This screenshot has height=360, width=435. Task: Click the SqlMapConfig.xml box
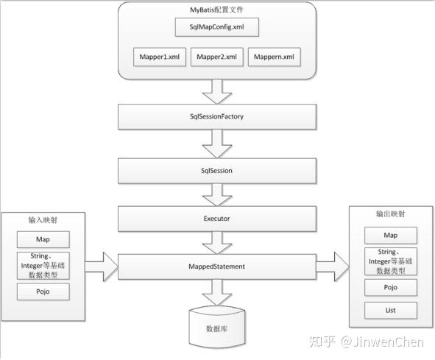click(x=217, y=27)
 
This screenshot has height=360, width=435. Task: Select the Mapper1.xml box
click(x=160, y=57)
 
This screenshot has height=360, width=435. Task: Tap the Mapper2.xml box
click(x=217, y=57)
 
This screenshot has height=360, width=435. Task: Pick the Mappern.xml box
click(x=274, y=57)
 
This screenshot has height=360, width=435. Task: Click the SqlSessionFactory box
click(x=217, y=116)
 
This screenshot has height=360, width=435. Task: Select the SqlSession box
click(x=217, y=171)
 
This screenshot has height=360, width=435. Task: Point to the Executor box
click(x=217, y=219)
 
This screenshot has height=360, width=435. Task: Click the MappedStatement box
click(x=217, y=267)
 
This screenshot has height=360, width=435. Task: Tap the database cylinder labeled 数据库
click(x=217, y=327)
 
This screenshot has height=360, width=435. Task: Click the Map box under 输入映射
click(x=43, y=239)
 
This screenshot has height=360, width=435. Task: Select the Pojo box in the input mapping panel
click(x=43, y=292)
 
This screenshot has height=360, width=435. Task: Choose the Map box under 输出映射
click(x=391, y=236)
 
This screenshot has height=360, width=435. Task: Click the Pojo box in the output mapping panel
click(x=391, y=287)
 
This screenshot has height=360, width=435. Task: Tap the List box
click(x=391, y=311)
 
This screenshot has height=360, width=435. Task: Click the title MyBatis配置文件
click(x=216, y=10)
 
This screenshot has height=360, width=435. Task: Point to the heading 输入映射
click(x=43, y=220)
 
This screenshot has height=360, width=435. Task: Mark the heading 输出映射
click(x=391, y=213)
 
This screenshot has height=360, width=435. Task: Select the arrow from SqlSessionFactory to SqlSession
click(x=217, y=144)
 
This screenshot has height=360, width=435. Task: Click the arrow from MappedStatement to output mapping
click(x=333, y=267)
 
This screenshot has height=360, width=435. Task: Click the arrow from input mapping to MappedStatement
click(x=102, y=267)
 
